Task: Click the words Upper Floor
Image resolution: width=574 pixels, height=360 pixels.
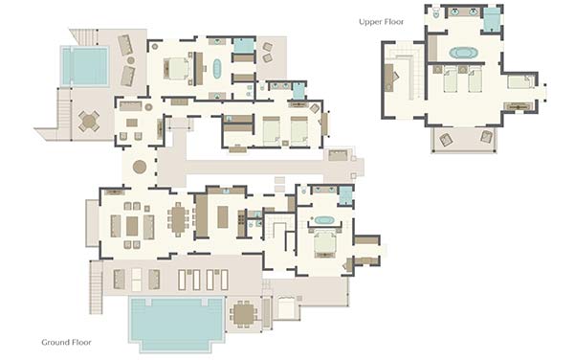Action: coord(381,22)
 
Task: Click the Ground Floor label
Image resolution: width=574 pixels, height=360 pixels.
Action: coord(66,342)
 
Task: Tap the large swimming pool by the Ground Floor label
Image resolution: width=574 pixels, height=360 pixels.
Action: coord(177,323)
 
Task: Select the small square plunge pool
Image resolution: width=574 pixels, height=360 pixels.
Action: coord(84,66)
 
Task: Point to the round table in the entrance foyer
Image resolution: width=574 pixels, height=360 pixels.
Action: coord(140,167)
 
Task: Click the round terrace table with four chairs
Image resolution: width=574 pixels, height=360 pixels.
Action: coord(89,122)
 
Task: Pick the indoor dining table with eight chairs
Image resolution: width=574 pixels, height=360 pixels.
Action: coord(178,219)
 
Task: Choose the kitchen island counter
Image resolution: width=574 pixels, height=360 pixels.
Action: coord(223,216)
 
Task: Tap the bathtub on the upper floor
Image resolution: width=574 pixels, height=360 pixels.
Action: coord(463,53)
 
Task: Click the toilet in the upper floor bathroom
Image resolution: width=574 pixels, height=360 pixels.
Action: coord(436,13)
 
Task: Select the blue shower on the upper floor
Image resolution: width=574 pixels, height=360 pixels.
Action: coord(492,19)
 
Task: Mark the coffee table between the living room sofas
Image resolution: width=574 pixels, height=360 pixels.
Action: coord(132,226)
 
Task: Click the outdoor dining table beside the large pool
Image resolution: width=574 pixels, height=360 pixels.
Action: coord(243,314)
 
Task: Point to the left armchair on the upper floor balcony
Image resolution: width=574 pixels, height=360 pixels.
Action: coord(446,139)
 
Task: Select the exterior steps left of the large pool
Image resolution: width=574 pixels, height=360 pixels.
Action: coord(97,287)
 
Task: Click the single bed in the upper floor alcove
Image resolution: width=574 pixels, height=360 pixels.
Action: coord(520,82)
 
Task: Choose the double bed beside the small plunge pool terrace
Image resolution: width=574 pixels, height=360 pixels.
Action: coord(177,69)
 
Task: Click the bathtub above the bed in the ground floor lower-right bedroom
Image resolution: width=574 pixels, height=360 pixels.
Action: coord(323,220)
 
